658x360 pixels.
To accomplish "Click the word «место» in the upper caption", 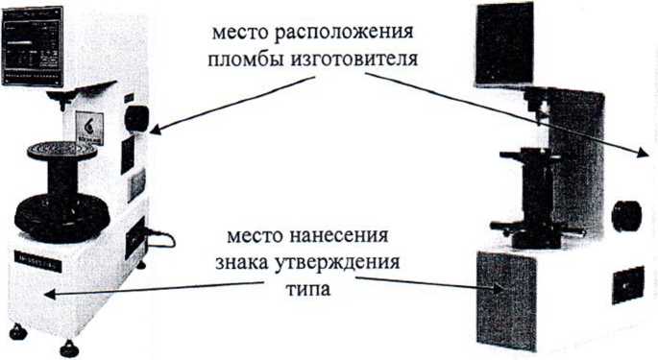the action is click(239, 33).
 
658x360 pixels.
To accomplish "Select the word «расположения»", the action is click(344, 34).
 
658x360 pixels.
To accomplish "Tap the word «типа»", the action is click(308, 290).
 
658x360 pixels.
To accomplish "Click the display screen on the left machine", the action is click(33, 46).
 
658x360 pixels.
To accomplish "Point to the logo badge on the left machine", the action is click(89, 128).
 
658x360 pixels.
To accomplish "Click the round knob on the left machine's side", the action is click(136, 118).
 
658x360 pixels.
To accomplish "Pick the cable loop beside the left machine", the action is click(160, 238).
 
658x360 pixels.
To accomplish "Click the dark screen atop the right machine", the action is click(505, 44).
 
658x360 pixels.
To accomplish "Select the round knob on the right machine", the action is click(626, 216).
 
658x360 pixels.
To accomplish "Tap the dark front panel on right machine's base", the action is click(506, 300).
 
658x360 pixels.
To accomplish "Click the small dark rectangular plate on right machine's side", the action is click(628, 285).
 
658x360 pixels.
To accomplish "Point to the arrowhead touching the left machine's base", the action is click(49, 295).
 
